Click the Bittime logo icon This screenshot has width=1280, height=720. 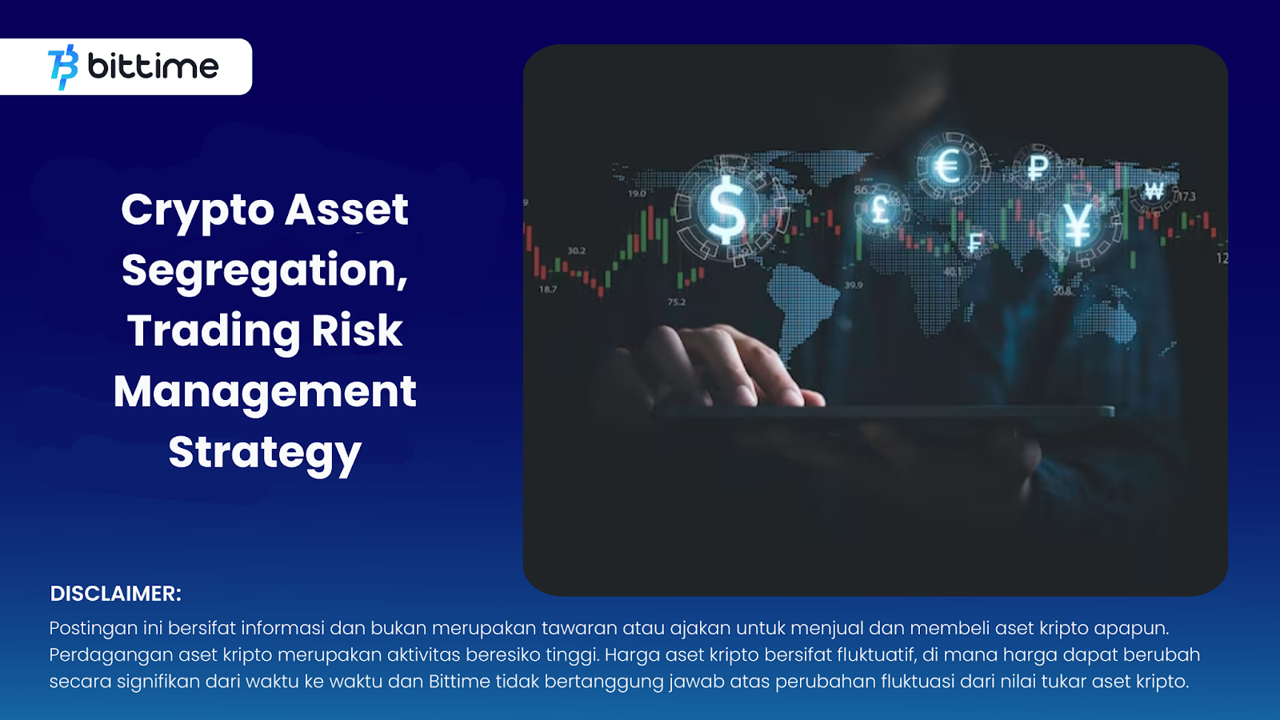tap(63, 67)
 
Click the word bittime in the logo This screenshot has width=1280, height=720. tap(153, 66)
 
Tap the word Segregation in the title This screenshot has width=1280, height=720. tap(265, 271)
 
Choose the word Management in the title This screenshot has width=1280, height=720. tap(265, 393)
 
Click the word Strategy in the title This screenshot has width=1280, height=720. tap(265, 454)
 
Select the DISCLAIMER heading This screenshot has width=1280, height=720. tap(115, 594)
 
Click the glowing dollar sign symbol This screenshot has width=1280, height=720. tap(726, 209)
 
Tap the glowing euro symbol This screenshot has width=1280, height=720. tap(949, 166)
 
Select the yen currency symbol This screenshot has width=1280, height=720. tap(1077, 224)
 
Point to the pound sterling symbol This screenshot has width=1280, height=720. tap(881, 209)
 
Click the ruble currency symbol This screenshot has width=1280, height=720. tap(1037, 167)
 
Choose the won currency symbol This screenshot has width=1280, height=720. tap(1154, 190)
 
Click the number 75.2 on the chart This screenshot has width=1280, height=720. tap(677, 302)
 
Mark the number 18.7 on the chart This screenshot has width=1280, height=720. tap(547, 289)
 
